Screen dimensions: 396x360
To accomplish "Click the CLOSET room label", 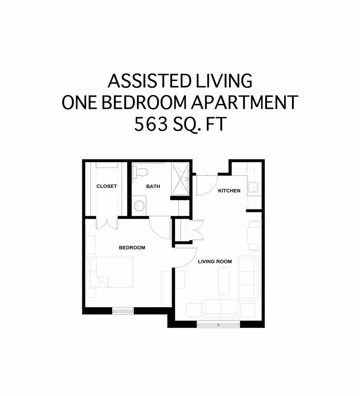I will tap(106, 186).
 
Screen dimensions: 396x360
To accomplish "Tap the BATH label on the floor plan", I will tap(153, 186).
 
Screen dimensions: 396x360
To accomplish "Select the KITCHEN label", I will tap(229, 191).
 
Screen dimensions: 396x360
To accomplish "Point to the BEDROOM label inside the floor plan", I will tap(132, 248).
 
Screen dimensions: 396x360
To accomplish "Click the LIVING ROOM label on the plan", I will tap(215, 261).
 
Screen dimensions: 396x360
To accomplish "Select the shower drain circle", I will tap(181, 179).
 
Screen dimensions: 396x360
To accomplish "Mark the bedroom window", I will tap(123, 311).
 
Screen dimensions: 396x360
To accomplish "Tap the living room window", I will tap(218, 324).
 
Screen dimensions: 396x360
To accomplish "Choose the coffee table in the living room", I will tap(224, 281).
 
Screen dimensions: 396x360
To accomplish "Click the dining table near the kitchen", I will tap(254, 235).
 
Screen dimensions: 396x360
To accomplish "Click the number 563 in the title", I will tap(151, 124).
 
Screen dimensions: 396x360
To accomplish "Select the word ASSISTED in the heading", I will tap(149, 81).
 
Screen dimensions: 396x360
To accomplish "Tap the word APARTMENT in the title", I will tap(244, 103).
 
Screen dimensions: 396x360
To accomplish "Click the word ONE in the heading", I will tap(79, 103).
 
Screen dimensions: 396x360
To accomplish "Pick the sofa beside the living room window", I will tap(221, 308).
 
